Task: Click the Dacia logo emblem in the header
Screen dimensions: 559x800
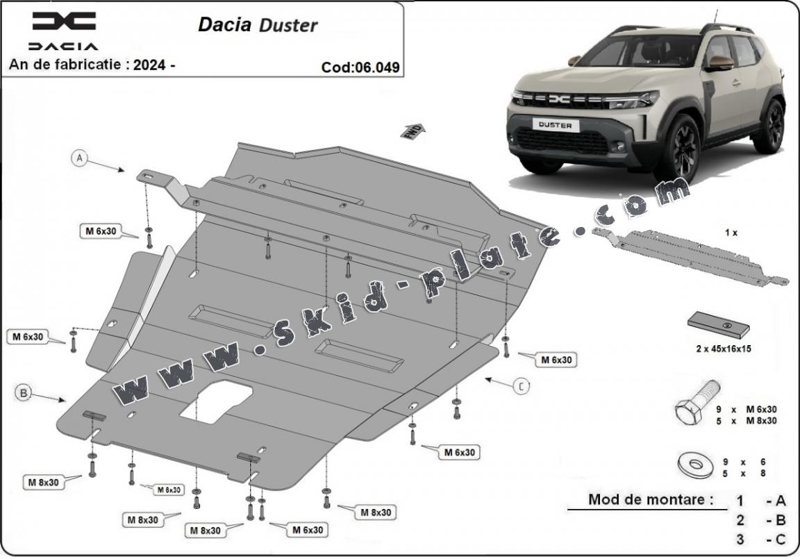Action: pyautogui.click(x=63, y=22)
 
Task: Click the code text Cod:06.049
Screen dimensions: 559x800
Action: pyautogui.click(x=360, y=67)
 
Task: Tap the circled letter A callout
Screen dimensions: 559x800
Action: pyautogui.click(x=80, y=158)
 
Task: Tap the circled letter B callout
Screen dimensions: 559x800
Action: pyautogui.click(x=23, y=393)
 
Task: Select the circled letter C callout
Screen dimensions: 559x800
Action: pyautogui.click(x=522, y=387)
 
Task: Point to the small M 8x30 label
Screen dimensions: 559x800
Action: pyautogui.click(x=168, y=490)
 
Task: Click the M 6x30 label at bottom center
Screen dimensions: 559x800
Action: pyautogui.click(x=308, y=530)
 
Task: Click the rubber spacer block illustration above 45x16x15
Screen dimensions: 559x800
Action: pyautogui.click(x=720, y=324)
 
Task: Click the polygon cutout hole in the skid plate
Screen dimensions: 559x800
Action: pyautogui.click(x=216, y=405)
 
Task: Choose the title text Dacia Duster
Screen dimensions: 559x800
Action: pyautogui.click(x=258, y=25)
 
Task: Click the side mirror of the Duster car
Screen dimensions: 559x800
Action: pyautogui.click(x=720, y=63)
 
